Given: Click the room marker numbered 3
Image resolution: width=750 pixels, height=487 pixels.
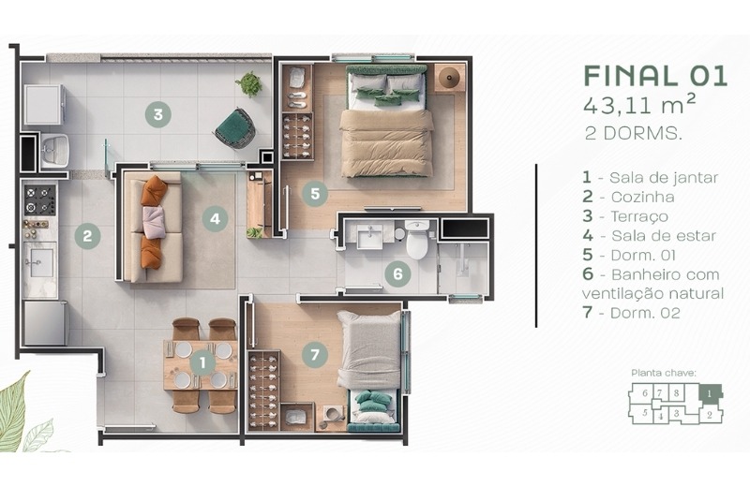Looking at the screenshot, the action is click(x=158, y=114).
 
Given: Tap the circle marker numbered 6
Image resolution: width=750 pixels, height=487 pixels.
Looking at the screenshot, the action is click(x=397, y=273).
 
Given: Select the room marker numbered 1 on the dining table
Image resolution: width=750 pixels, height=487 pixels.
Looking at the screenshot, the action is click(x=202, y=362).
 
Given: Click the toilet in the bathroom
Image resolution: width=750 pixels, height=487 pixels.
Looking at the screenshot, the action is click(x=417, y=239).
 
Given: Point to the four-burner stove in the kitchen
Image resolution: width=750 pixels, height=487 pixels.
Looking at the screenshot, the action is click(x=40, y=200).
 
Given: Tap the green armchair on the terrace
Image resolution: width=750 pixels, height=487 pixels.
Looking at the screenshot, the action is click(x=235, y=128).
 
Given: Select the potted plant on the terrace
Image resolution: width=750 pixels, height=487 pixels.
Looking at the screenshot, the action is click(x=248, y=84).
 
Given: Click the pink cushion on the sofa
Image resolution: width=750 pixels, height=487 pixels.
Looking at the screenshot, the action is click(x=154, y=222).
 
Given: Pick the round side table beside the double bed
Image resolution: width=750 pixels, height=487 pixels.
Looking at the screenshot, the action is click(x=450, y=77).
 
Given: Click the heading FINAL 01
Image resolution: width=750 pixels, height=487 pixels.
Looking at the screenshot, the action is click(x=655, y=76).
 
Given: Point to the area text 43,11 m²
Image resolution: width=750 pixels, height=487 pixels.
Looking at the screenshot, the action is click(x=639, y=105).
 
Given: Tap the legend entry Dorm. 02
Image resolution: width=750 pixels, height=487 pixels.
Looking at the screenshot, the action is click(x=631, y=313).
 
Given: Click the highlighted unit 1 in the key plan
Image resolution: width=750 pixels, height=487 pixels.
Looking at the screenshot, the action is click(x=711, y=392).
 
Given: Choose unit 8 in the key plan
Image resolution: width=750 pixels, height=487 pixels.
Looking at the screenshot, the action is click(x=676, y=393).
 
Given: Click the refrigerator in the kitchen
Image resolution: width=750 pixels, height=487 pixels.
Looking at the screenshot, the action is click(x=45, y=323).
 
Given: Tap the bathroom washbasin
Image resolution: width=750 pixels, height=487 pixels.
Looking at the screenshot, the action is click(x=370, y=236).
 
